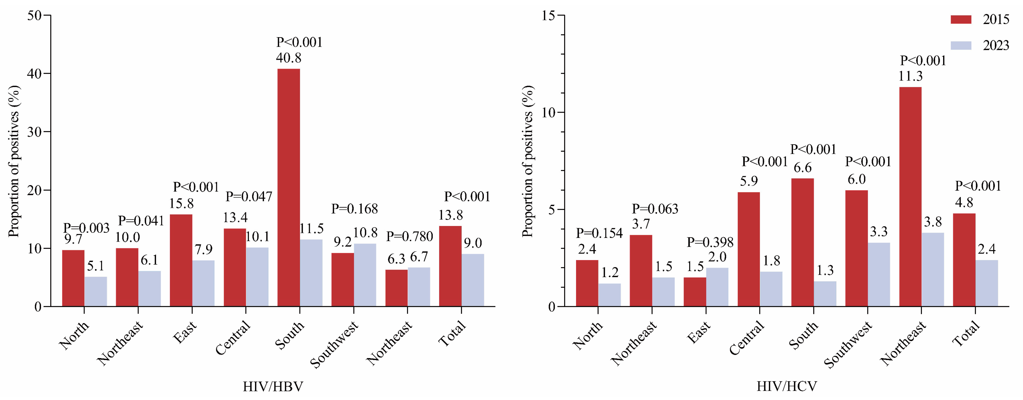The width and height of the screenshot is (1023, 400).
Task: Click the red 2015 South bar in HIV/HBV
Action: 289,187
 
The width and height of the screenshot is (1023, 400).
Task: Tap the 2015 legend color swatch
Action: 961,20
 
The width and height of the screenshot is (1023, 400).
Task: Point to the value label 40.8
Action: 289,58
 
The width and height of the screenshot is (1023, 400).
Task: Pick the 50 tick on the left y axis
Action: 35,15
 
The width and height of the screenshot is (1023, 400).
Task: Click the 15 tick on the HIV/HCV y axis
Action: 549,15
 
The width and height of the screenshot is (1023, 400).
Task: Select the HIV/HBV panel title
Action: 273,386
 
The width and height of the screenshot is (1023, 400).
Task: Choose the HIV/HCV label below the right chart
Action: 787,386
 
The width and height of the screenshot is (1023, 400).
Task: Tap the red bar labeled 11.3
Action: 910,197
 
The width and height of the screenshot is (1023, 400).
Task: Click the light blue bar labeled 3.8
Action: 933,269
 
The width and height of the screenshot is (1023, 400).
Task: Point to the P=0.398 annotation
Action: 710,242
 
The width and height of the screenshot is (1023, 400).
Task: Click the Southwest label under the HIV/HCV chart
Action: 848,344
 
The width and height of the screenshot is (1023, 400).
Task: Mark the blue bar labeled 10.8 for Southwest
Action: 365,275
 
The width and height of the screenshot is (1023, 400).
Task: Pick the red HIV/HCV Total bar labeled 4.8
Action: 964,260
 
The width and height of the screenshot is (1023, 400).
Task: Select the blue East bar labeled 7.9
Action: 203,283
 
